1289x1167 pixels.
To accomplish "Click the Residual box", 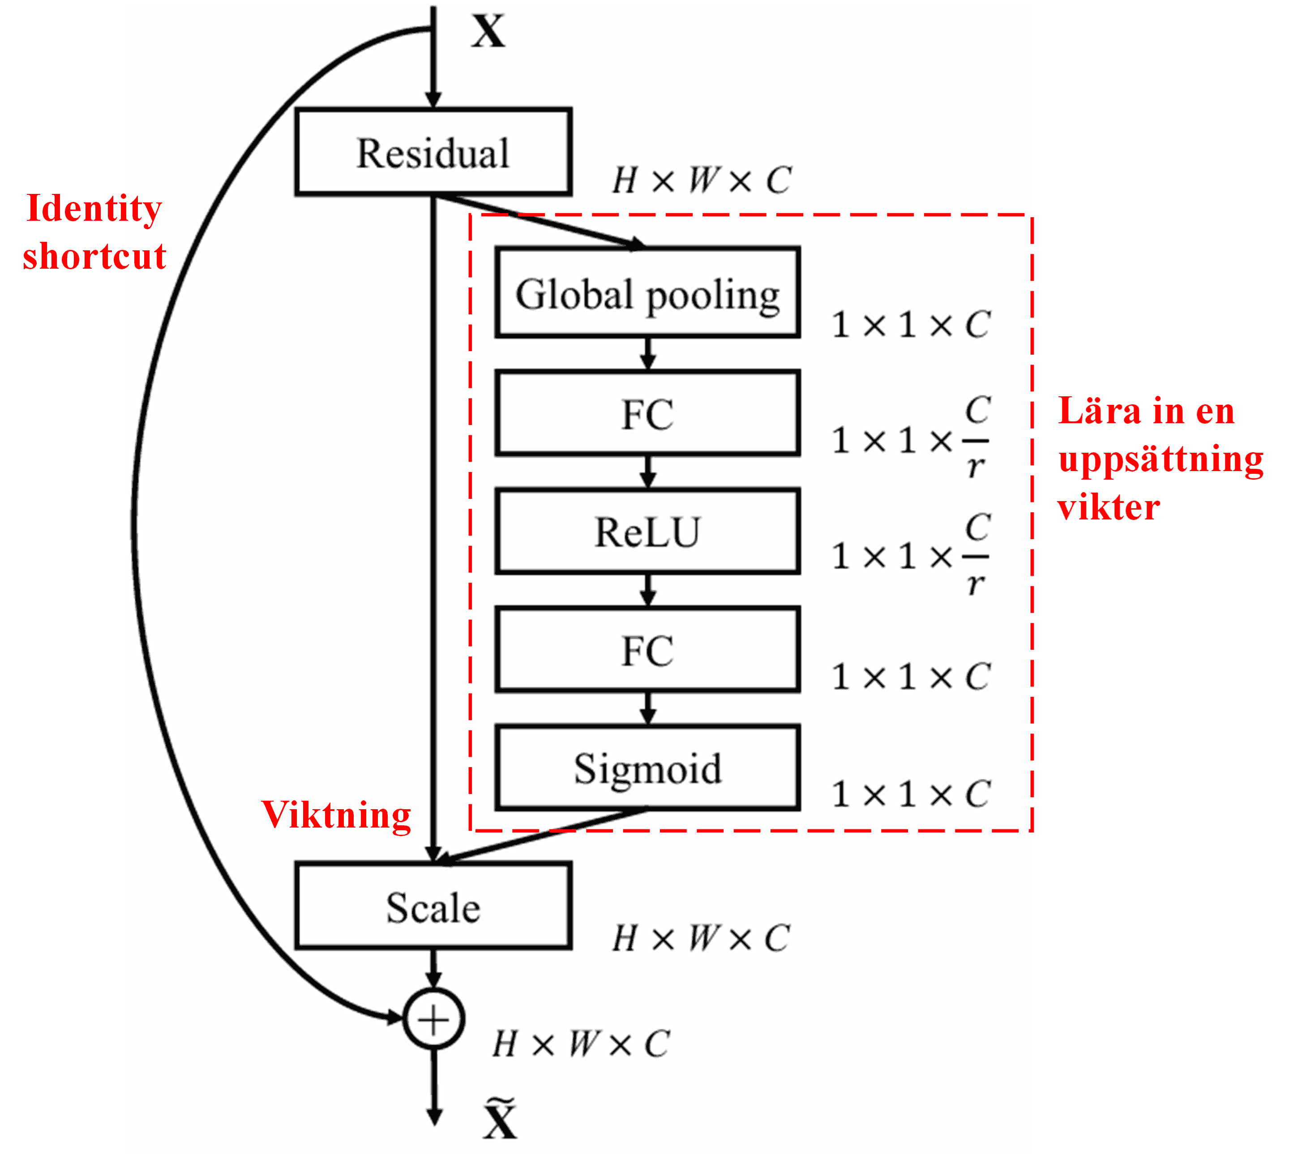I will click(x=433, y=151).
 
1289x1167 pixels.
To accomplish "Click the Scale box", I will click(x=433, y=905).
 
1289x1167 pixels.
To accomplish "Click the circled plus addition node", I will click(x=433, y=1019).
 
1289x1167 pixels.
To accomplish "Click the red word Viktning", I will click(x=336, y=815).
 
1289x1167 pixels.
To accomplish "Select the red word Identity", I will click(x=94, y=209).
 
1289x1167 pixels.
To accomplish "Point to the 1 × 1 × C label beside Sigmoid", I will click(x=911, y=794).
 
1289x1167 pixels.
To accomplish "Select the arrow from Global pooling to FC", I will click(x=648, y=353).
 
